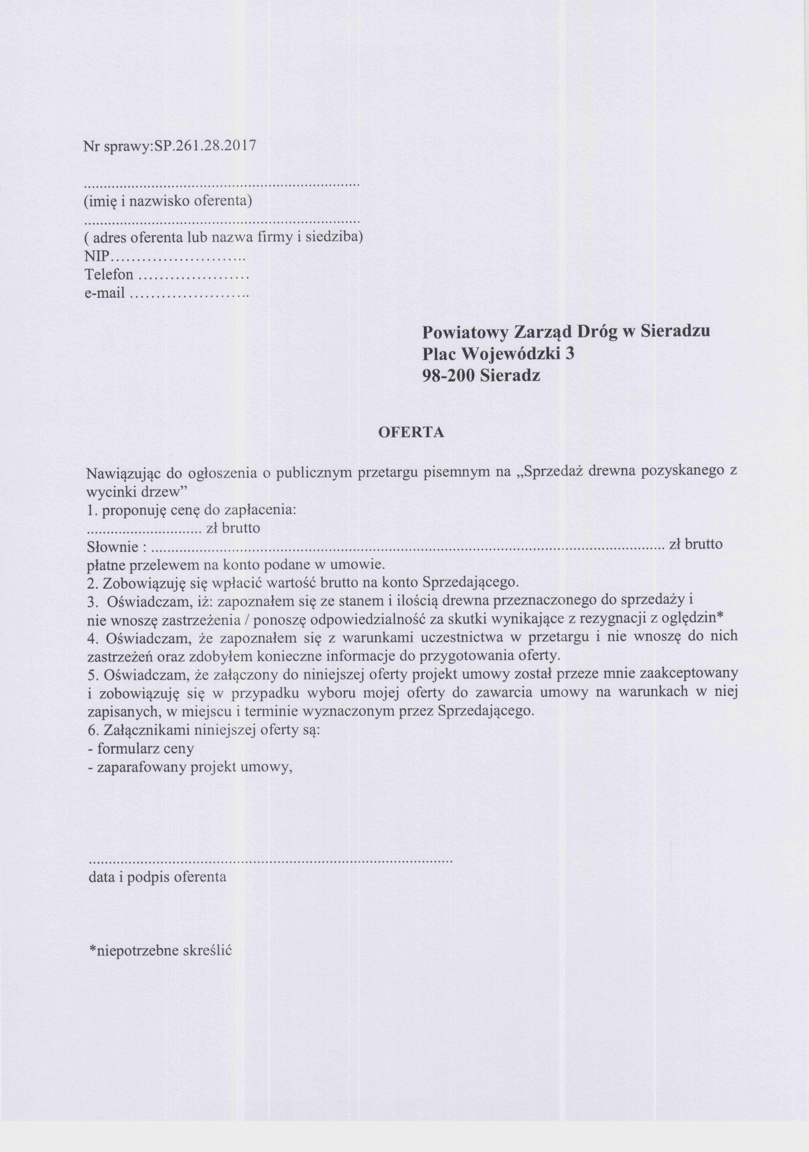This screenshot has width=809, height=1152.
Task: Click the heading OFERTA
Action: [x=411, y=433]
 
